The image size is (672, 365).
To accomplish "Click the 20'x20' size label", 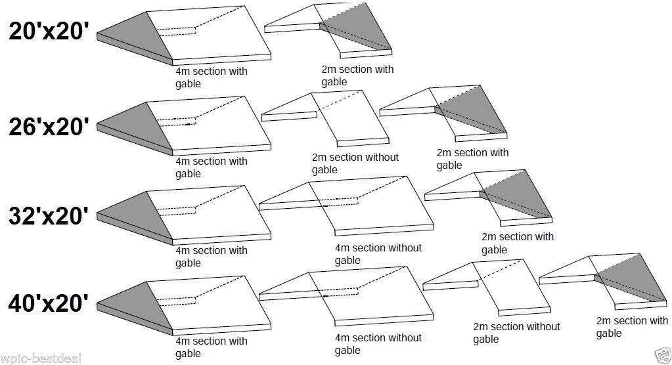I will point(49,32).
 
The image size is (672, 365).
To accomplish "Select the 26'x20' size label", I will point(49,127).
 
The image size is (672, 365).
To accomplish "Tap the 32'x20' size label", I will point(49,216).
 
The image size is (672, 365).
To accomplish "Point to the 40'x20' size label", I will point(49,304).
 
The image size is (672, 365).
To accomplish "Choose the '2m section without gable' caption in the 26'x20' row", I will point(355,163).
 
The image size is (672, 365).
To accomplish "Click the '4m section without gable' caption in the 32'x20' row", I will point(378,254).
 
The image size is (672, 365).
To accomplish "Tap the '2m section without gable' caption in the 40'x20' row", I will point(516,333).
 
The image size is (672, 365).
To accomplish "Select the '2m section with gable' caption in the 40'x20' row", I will point(631,327).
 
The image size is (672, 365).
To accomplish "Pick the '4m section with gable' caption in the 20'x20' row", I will point(211,77).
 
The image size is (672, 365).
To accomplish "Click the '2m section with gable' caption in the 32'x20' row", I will point(517,243).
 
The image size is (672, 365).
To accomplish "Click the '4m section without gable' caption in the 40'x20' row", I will point(378,344).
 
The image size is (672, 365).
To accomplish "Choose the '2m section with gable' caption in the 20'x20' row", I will point(357,75).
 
